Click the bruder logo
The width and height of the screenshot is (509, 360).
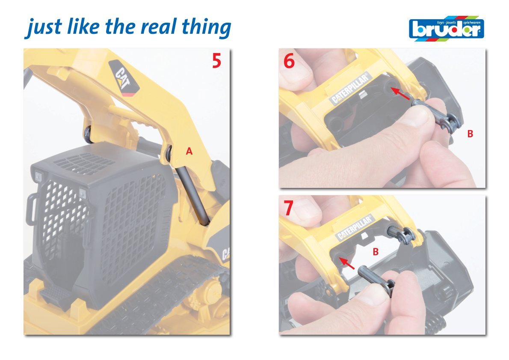447,28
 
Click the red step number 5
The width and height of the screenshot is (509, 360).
216,61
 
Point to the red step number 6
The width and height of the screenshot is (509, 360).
289,61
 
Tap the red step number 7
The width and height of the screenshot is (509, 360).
288,208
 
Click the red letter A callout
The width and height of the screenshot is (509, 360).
189,151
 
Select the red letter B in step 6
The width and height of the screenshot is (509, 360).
470,134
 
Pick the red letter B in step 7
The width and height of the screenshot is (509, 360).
376,251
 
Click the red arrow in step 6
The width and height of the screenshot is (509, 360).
400,94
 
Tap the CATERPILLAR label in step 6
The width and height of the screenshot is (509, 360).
350,88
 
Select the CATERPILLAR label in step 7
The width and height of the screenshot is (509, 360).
355,228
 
